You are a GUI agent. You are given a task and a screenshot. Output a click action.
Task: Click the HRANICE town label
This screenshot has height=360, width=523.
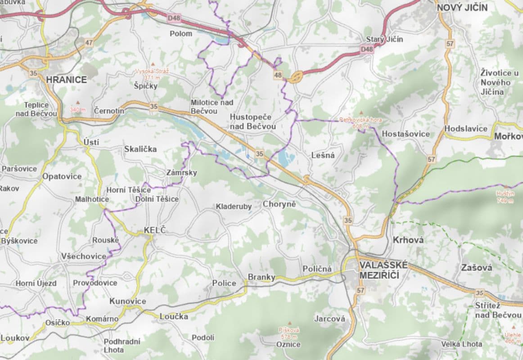(66, 79)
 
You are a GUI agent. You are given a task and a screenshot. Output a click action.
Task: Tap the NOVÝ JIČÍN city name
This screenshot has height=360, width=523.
(462, 7)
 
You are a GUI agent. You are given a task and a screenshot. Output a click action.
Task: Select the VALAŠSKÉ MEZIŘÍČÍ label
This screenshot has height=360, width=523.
(383, 270)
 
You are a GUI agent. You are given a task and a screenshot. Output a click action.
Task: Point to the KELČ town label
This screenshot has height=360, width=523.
(155, 230)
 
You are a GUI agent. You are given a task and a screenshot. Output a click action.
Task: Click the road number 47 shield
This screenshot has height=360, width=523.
(89, 43)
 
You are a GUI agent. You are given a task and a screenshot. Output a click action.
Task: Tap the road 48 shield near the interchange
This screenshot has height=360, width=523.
(278, 75)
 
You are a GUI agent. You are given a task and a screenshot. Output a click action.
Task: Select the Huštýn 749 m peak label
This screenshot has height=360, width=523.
(504, 197)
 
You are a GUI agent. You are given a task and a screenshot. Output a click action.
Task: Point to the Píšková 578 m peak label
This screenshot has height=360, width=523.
(289, 333)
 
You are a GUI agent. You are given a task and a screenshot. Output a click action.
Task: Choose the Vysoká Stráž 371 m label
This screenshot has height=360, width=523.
(153, 74)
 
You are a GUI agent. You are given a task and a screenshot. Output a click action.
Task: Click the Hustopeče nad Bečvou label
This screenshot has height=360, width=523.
(252, 121)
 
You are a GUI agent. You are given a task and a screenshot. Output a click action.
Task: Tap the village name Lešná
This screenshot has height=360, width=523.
(323, 155)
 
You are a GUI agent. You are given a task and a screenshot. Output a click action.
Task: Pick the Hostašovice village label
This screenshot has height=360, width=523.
(406, 134)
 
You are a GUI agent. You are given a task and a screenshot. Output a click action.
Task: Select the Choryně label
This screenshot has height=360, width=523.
(279, 204)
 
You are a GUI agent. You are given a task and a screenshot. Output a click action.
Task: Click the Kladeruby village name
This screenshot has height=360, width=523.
(234, 207)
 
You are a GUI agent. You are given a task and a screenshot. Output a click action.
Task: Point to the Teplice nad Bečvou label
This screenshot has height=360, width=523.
(36, 109)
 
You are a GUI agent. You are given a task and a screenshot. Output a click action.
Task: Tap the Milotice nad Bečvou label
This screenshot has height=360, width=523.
(212, 106)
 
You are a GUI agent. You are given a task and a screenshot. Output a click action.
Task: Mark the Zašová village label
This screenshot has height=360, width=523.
(476, 268)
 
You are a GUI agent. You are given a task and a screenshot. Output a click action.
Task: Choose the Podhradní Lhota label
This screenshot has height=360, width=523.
(122, 346)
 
